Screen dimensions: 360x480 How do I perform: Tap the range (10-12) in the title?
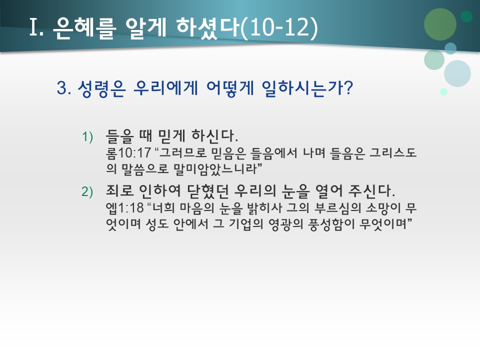(279, 28)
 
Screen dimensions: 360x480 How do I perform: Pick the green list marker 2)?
(88, 191)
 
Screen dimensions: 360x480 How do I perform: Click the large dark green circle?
(440, 24)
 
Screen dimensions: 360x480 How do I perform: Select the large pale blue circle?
(457, 73)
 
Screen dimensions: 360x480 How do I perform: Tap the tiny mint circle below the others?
(443, 91)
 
